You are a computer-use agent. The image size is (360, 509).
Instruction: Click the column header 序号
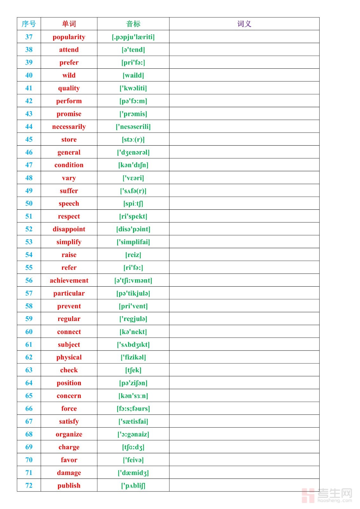pyautogui.click(x=29, y=24)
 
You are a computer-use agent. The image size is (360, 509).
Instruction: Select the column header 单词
pyautogui.click(x=69, y=24)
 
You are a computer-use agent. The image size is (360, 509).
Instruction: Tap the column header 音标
pyautogui.click(x=133, y=24)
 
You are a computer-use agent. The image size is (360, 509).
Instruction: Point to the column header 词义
pyautogui.click(x=244, y=24)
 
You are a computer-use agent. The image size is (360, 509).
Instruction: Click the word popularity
pyautogui.click(x=69, y=37)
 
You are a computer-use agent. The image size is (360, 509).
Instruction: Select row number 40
pyautogui.click(x=29, y=75)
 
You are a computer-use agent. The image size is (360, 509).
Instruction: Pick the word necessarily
pyautogui.click(x=69, y=127)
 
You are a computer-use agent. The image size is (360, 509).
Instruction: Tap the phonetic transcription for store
pyautogui.click(x=133, y=139)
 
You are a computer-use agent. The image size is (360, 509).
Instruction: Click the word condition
pyautogui.click(x=69, y=165)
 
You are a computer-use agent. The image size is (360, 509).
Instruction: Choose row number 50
pyautogui.click(x=29, y=203)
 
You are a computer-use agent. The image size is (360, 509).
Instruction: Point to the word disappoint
pyautogui.click(x=69, y=229)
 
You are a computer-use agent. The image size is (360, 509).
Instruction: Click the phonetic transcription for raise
pyautogui.click(x=133, y=255)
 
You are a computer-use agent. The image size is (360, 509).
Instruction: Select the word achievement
pyautogui.click(x=69, y=280)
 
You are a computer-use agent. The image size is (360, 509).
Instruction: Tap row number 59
pyautogui.click(x=29, y=319)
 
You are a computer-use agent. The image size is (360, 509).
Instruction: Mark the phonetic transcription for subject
pyautogui.click(x=133, y=345)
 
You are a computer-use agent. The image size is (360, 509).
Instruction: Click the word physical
pyautogui.click(x=69, y=357)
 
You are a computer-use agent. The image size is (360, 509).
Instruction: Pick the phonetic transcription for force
pyautogui.click(x=133, y=408)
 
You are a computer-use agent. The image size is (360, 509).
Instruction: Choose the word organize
pyautogui.click(x=69, y=434)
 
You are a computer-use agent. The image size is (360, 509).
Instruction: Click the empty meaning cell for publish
pyautogui.click(x=244, y=485)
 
